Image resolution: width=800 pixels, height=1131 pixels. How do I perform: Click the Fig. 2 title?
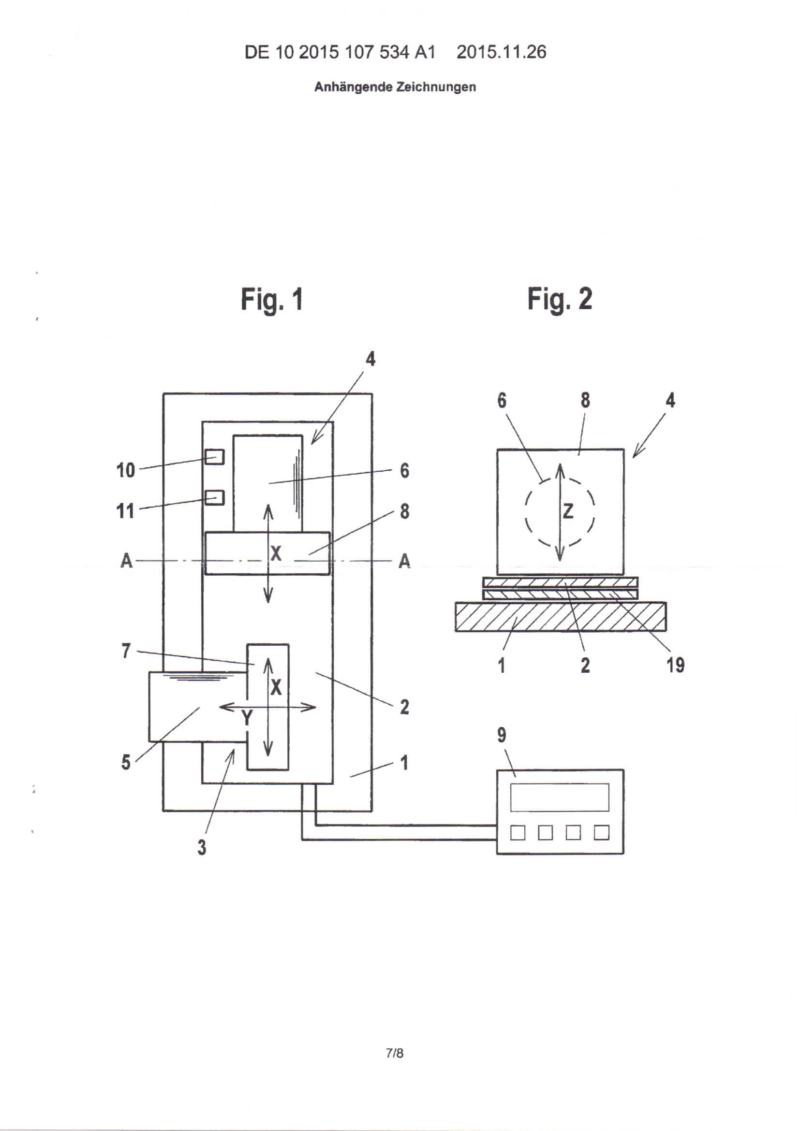click(560, 300)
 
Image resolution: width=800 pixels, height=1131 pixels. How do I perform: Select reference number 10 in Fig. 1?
click(126, 470)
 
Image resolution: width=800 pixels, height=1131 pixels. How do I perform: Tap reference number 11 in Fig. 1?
click(125, 511)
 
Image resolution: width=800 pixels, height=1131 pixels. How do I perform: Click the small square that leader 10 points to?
click(214, 457)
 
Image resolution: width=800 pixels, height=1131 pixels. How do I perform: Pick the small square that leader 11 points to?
click(214, 497)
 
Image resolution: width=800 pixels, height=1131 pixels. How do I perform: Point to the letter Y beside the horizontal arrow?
click(247, 719)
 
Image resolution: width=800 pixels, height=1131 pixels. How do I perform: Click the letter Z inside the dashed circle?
click(568, 511)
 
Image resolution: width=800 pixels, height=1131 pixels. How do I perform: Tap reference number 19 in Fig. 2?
click(675, 665)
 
